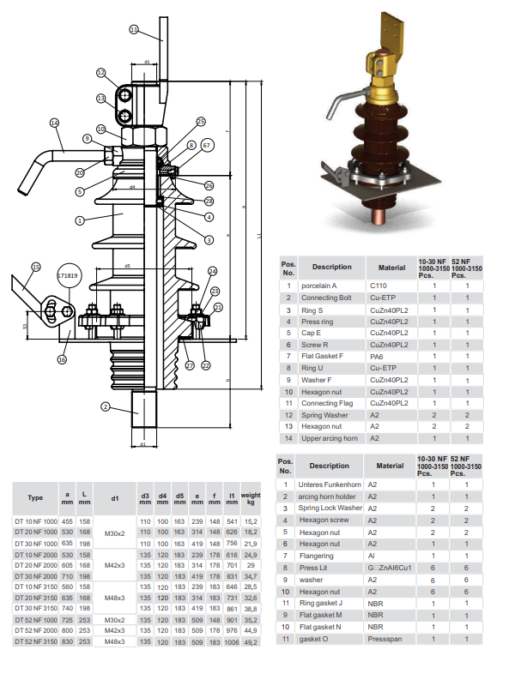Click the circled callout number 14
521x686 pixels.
54,123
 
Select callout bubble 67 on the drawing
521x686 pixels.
206,146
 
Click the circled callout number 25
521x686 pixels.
201,122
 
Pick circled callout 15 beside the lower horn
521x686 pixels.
35,267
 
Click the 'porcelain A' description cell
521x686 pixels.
319,286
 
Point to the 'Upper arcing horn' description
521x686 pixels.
329,438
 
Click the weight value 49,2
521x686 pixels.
250,641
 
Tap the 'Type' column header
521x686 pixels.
35,496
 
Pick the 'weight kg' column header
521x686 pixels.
250,496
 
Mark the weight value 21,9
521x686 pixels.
250,544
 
